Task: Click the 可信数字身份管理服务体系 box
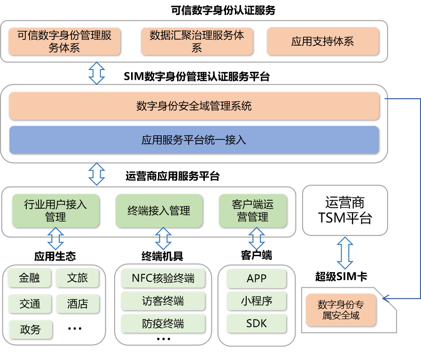[64, 41]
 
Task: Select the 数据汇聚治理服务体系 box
[197, 41]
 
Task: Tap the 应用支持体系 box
[322, 41]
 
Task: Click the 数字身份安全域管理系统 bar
[194, 106]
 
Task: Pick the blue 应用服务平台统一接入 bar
[194, 140]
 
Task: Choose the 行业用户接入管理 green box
[55, 211]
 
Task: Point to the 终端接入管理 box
[159, 211]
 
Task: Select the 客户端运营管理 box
[252, 211]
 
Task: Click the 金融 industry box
[30, 278]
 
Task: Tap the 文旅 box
[78, 278]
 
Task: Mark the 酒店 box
[78, 304]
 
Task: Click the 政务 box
[30, 329]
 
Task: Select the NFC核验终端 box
[163, 278]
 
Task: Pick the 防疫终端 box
[163, 324]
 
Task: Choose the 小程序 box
[257, 301]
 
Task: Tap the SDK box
[257, 323]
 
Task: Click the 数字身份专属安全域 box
[341, 310]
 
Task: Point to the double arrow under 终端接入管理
[164, 239]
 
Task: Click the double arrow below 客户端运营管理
[257, 239]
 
